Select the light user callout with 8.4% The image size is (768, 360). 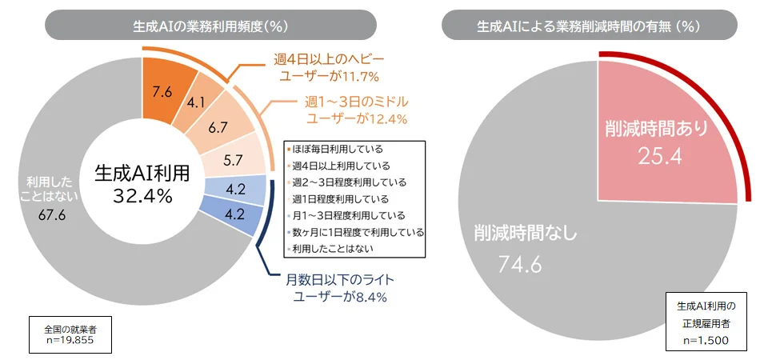[x=337, y=290]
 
